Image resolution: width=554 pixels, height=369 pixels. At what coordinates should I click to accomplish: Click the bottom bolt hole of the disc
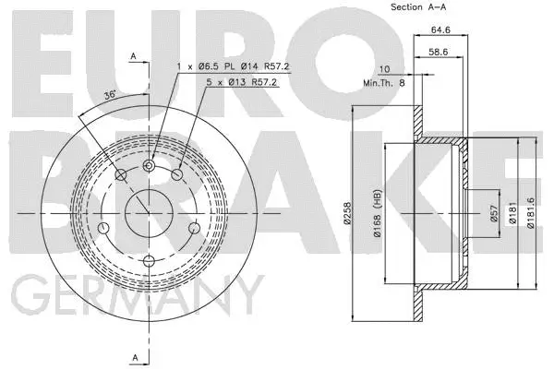(x=150, y=260)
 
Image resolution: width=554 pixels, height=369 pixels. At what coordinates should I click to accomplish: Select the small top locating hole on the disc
(x=150, y=165)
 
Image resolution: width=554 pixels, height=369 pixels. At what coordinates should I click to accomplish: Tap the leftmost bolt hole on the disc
(x=103, y=228)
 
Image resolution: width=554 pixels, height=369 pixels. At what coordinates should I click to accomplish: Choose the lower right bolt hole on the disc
(x=195, y=228)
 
